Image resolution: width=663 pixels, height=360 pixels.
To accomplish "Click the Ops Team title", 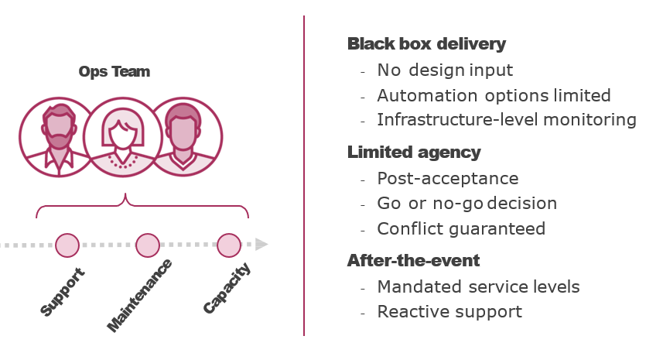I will [114, 72].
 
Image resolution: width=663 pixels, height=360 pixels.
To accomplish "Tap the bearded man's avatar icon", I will [58, 137].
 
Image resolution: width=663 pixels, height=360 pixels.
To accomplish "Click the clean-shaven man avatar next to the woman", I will [183, 137].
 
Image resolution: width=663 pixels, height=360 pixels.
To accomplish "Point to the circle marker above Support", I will [67, 245].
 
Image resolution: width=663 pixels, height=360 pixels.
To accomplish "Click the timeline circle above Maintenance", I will [148, 245].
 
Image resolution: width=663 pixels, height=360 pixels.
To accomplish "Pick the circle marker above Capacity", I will [228, 245].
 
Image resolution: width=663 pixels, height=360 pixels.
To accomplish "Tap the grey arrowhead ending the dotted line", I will [262, 245].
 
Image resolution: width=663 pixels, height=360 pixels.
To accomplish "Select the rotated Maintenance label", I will [139, 296].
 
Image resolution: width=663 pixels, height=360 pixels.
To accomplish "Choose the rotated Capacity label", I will [227, 289].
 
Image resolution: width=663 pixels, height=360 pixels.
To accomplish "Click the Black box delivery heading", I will [426, 44].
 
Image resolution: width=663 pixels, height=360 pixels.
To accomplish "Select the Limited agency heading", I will [414, 153].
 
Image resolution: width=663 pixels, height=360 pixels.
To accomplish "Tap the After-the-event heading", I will [413, 261].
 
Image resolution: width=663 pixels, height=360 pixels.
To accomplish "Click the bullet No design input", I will [445, 70].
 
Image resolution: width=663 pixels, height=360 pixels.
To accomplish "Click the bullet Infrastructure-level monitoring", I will [507, 120].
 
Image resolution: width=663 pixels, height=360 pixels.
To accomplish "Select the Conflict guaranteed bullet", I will [461, 229].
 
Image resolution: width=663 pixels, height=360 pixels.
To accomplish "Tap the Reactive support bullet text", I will [449, 312].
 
